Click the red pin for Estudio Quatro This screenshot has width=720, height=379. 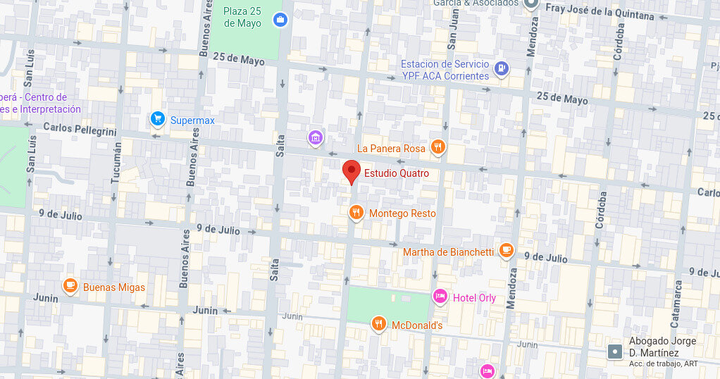(x=352, y=171)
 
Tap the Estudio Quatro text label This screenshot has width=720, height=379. (x=396, y=173)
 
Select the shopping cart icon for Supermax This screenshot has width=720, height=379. (x=158, y=119)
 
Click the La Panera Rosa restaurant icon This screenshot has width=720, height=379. (x=437, y=147)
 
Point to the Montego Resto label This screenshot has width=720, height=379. (x=402, y=213)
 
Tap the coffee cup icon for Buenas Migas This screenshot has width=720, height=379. (x=70, y=285)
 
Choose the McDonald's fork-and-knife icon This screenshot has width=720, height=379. (x=379, y=323)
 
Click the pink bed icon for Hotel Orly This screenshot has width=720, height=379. (x=440, y=297)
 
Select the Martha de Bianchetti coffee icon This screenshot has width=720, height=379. (x=506, y=250)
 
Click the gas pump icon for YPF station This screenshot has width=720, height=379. (x=501, y=68)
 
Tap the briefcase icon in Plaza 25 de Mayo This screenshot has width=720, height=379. (x=280, y=19)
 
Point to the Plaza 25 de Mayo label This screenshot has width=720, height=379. (x=242, y=17)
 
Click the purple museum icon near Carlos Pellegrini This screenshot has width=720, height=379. (x=316, y=136)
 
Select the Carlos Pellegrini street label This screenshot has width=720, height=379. (x=79, y=128)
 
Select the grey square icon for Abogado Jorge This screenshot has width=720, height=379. (x=615, y=351)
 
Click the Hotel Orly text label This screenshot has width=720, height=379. (x=474, y=298)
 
